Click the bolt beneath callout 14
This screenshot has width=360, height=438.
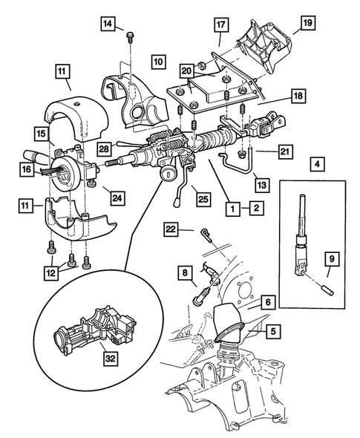tap(130, 36)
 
